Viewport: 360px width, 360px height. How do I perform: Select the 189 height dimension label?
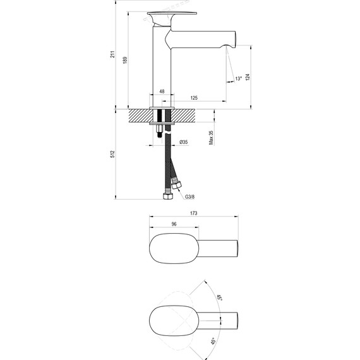124,59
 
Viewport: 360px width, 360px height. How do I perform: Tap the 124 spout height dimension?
248,76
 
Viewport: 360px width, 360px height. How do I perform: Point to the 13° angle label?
237,78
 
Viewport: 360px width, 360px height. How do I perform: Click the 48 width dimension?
162,92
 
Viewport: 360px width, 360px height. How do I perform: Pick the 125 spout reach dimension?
194,98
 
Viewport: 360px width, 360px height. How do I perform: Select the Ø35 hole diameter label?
183,142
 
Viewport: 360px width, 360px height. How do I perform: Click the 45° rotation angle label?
213,342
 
